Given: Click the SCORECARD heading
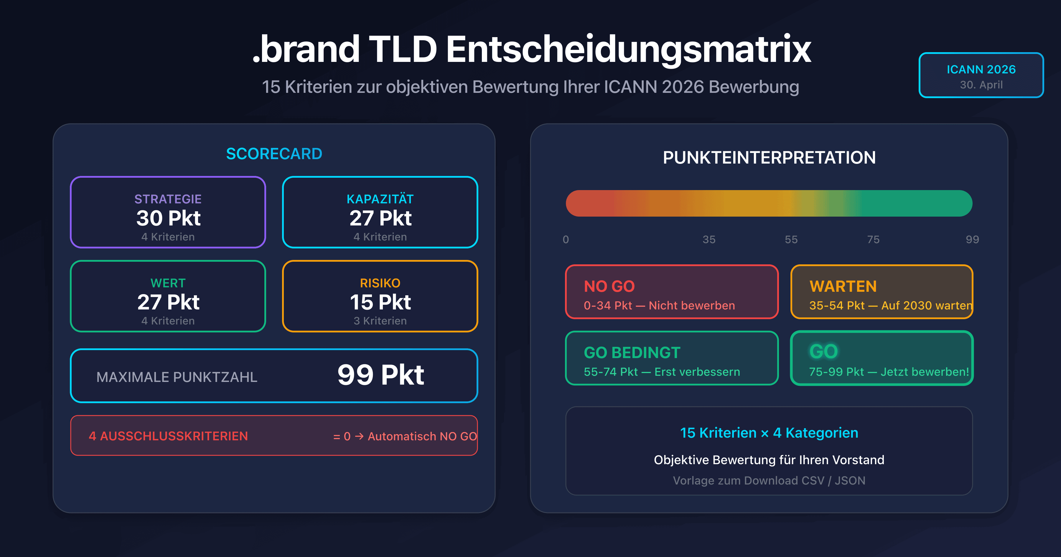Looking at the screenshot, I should point(274,154).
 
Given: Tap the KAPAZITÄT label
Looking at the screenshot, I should point(380,199).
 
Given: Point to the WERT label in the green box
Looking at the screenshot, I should point(168,283).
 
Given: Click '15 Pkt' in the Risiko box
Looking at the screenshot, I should point(380,302).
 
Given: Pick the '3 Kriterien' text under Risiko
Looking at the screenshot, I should point(380,321).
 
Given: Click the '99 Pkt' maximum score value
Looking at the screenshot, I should point(380,375).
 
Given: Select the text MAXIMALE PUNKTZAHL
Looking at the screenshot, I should point(177,377).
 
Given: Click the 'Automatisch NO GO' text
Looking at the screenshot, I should point(422,436).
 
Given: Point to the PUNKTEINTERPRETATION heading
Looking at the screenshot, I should point(769,158).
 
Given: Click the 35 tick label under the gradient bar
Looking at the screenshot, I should point(709,239).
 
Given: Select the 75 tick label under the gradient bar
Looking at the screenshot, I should point(873,239).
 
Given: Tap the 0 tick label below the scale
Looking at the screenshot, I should point(566,239).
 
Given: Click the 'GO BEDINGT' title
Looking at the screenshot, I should point(632,353).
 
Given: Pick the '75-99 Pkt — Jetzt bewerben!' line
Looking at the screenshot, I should point(889,372).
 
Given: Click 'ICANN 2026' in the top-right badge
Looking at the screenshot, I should point(981,69).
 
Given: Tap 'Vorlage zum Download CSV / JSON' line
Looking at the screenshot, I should point(769,480).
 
